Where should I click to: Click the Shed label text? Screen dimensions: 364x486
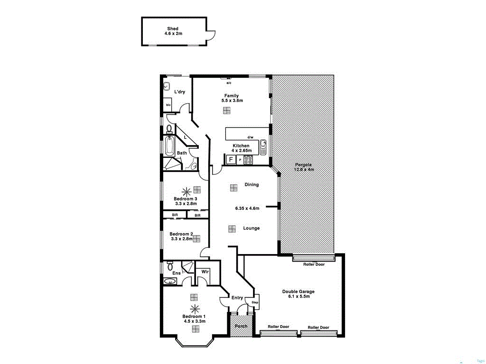[x=173, y=28]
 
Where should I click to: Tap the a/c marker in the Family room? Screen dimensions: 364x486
[x=228, y=83]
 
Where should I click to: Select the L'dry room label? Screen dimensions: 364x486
[x=179, y=91]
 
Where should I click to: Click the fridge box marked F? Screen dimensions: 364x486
[x=231, y=160]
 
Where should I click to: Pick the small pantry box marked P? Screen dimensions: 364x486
[x=240, y=160]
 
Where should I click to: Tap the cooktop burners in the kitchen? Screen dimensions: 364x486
[x=249, y=160]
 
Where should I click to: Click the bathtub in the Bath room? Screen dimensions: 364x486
[x=169, y=146]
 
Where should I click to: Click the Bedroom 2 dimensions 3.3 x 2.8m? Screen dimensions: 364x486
[x=181, y=239]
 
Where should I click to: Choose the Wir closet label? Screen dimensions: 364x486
[x=205, y=272]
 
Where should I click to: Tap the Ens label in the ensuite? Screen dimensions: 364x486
[x=176, y=273]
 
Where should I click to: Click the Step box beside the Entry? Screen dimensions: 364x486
[x=255, y=302]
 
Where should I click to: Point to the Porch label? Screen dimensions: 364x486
[x=241, y=326]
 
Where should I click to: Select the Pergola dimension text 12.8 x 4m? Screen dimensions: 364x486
[x=304, y=170]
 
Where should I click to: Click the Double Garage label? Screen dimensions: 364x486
[x=298, y=291]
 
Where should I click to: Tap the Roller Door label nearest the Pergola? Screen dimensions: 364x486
[x=314, y=264]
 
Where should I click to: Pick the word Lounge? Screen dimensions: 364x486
[x=251, y=228]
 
